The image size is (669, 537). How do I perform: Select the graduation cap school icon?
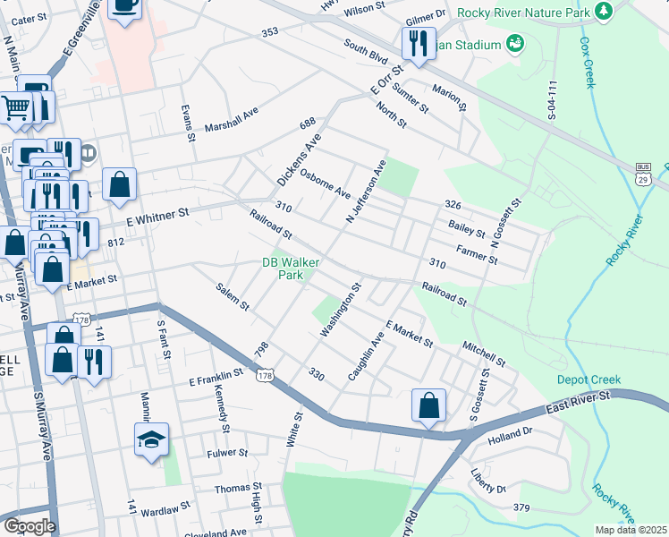(x=151, y=439)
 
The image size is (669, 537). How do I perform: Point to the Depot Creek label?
(x=589, y=379)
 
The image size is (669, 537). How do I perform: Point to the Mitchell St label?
(x=484, y=352)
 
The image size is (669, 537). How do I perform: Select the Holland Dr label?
(x=510, y=438)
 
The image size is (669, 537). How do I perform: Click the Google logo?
(x=29, y=525)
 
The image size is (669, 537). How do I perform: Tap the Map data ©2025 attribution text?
(x=630, y=530)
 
